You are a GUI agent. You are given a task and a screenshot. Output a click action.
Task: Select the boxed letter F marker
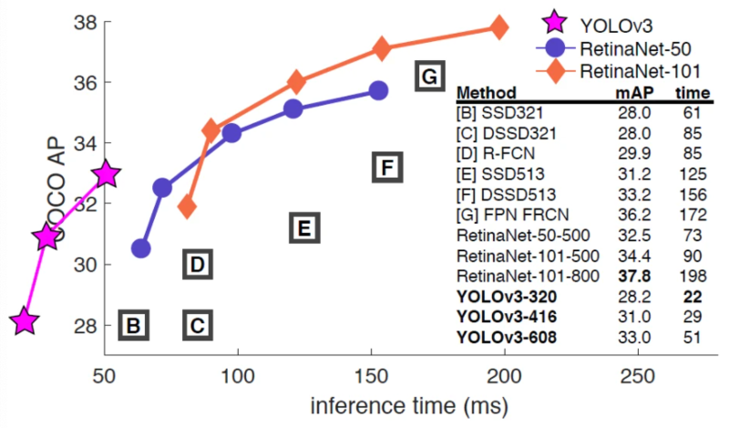pos(386,168)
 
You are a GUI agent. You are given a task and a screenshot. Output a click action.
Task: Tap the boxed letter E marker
pos(304,227)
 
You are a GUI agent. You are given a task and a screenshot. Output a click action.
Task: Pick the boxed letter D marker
pos(198,265)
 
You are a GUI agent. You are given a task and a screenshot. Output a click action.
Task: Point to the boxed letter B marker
pos(132,325)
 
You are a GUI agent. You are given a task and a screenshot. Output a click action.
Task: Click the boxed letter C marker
pos(198,325)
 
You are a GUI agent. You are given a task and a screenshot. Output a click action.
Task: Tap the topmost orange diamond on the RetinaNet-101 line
pos(498,27)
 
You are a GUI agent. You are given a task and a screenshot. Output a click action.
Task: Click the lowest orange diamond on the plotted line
pos(188,207)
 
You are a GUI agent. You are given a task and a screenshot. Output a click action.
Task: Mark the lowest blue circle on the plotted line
pos(140,248)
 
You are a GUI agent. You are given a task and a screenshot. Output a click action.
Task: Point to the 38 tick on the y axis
pos(76,21)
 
